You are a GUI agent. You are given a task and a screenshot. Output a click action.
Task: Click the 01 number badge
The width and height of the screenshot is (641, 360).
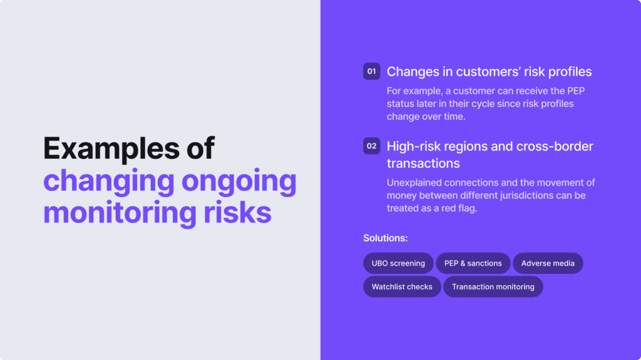[x=372, y=71]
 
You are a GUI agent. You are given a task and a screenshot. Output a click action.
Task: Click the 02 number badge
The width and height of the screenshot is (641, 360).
[x=372, y=146]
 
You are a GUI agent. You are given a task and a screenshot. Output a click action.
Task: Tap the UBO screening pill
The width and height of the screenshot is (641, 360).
[x=398, y=263]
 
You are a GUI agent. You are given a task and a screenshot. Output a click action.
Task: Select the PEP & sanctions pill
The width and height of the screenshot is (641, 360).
[x=473, y=263]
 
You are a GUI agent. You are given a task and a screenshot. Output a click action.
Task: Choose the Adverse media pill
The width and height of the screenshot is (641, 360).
[x=548, y=263]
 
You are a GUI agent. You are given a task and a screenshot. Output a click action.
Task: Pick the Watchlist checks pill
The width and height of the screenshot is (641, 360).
[x=402, y=287]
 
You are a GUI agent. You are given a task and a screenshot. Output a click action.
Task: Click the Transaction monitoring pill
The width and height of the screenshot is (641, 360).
[x=493, y=287]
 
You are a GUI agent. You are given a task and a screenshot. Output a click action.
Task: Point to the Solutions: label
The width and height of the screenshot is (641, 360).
[x=386, y=238]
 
